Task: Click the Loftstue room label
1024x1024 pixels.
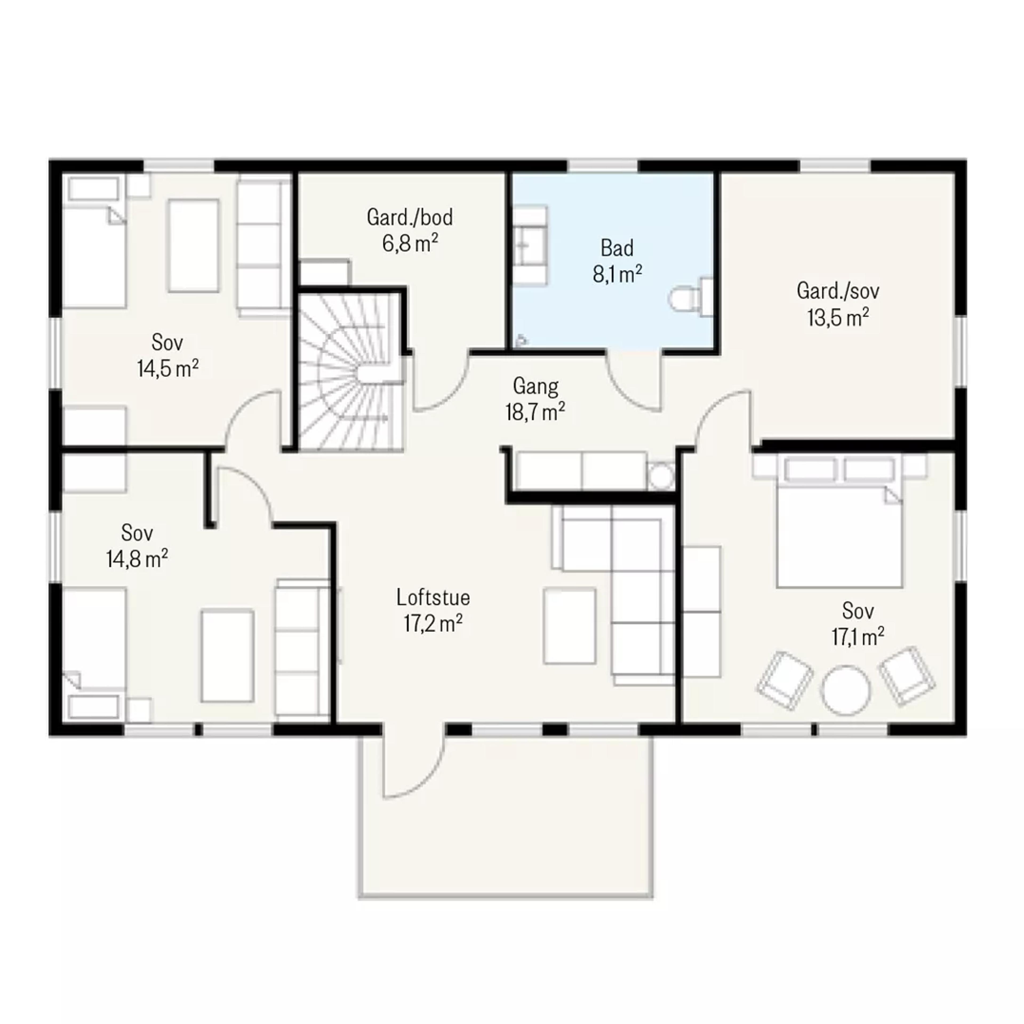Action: pyautogui.click(x=433, y=598)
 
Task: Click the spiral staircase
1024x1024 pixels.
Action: pyautogui.click(x=350, y=371)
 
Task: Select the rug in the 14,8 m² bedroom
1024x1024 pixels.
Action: pyautogui.click(x=227, y=656)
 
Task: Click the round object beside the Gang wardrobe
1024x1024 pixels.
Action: pyautogui.click(x=661, y=477)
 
